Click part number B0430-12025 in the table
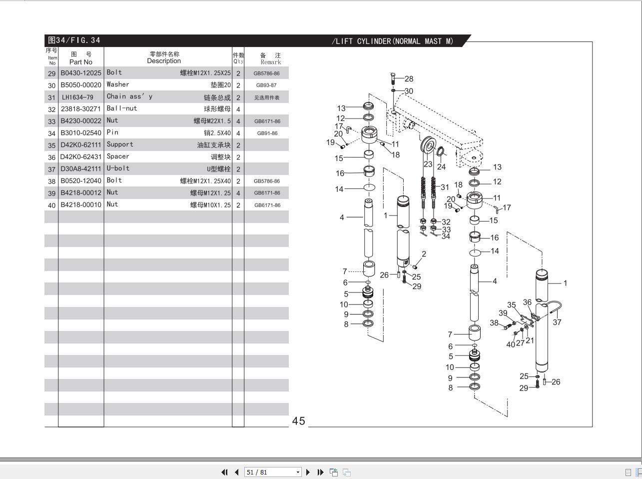pyautogui.click(x=81, y=73)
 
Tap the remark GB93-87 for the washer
pyautogui.click(x=266, y=85)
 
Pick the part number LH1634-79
pyautogui.click(x=78, y=97)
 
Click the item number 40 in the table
pyautogui.click(x=51, y=205)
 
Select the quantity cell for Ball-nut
pyautogui.click(x=238, y=109)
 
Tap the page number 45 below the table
pyautogui.click(x=298, y=421)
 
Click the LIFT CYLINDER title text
pyautogui.click(x=393, y=41)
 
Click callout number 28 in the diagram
pyautogui.click(x=409, y=78)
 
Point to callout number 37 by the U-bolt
pyautogui.click(x=557, y=322)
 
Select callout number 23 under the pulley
pyautogui.click(x=428, y=163)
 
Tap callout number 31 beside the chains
pyautogui.click(x=445, y=187)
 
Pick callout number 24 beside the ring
pyautogui.click(x=441, y=166)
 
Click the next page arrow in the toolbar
pyautogui.click(x=308, y=472)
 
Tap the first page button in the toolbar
pyautogui.click(x=224, y=472)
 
